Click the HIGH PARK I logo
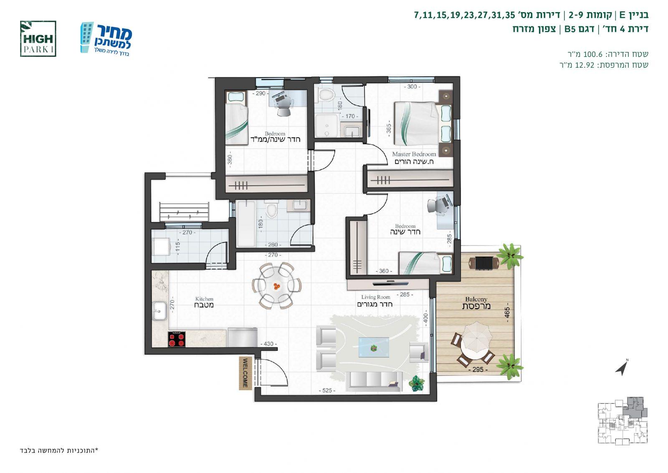[x=38, y=38]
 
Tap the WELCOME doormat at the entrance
[x=245, y=373]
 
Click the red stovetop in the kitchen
[x=177, y=339]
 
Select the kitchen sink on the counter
[x=159, y=311]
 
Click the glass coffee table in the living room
[x=374, y=347]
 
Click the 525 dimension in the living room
[x=327, y=391]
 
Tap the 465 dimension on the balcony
[x=507, y=312]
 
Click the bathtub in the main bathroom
[x=246, y=223]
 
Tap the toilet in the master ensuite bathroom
[x=326, y=95]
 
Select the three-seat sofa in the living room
[x=374, y=381]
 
